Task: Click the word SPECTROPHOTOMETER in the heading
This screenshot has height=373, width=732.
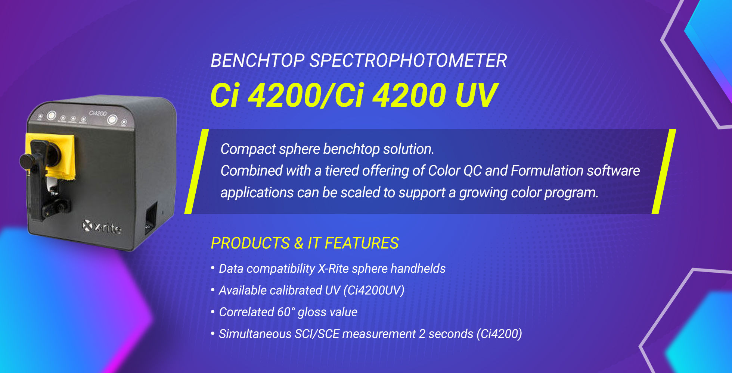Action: point(408,60)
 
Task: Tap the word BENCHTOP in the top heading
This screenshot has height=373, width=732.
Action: point(258,60)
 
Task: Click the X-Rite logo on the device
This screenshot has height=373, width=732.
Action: point(102,227)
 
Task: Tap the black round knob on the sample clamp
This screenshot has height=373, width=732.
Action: point(27,162)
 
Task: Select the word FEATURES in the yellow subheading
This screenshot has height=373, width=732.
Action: point(362,243)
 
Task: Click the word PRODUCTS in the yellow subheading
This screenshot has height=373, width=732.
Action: point(250,243)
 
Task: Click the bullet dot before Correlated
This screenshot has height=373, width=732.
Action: point(213,311)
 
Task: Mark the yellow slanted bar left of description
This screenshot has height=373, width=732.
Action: point(196,172)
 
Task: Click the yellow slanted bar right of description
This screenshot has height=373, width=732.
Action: point(664,172)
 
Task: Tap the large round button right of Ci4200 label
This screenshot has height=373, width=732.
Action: point(112,120)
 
